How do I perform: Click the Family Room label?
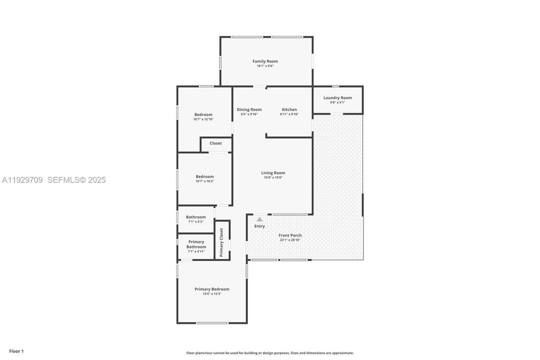coord(265,61)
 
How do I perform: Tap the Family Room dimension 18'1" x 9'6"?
coord(265,66)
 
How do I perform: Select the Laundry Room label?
coord(337,97)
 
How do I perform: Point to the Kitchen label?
coord(289,109)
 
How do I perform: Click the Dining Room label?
coord(249,109)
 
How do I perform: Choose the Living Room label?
coord(273,173)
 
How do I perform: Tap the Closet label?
coord(215,143)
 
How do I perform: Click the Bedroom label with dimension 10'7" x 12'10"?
coord(203,114)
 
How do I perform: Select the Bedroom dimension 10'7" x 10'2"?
coord(204,181)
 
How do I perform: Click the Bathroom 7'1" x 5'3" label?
coord(196,217)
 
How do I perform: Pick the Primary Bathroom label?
coord(196,244)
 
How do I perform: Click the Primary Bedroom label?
coord(212,289)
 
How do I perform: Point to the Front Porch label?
coord(290,235)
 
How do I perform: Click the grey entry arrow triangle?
coord(259,219)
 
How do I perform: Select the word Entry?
coord(259,226)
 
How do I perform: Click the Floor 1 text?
coord(16,351)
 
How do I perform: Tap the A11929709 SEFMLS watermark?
coord(53,180)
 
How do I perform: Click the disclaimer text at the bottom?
coord(270,353)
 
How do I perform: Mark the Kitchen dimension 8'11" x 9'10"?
coord(289,114)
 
